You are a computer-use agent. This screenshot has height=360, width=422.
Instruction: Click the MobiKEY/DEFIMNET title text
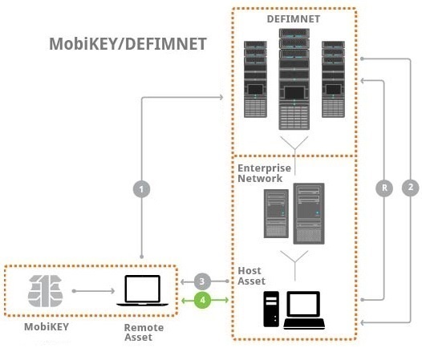(128, 43)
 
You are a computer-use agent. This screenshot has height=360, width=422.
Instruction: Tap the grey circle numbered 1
(142, 189)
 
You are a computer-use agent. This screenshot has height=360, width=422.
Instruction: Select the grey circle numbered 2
(410, 188)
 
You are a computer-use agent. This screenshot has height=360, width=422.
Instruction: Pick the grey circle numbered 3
(204, 281)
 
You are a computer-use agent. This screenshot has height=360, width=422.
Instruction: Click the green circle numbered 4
(204, 300)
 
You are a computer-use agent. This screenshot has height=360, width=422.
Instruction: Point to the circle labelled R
(385, 188)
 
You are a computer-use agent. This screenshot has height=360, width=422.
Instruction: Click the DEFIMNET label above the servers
(293, 18)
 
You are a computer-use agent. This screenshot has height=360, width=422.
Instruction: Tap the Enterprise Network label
(262, 173)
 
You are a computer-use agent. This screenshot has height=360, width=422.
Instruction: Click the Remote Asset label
(144, 333)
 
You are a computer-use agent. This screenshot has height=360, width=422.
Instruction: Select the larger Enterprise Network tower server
(309, 213)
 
